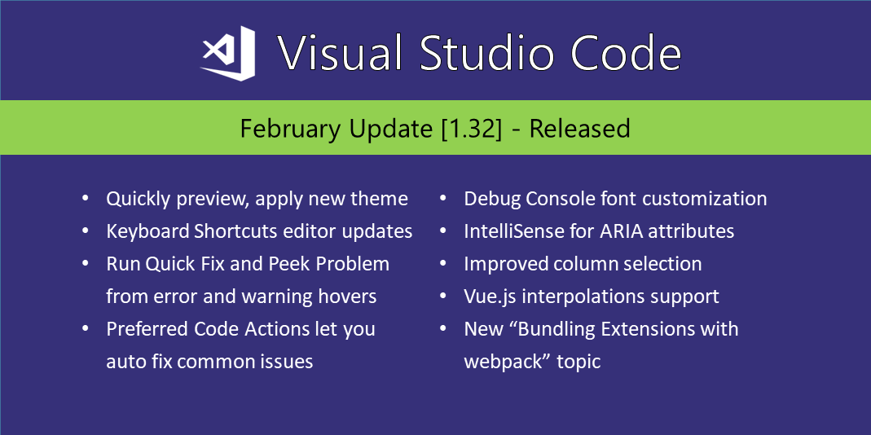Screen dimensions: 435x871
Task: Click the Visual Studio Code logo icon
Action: [228, 53]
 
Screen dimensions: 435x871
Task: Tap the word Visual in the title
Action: [341, 54]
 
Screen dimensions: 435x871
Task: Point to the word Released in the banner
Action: [579, 129]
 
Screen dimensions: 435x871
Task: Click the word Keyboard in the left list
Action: [147, 231]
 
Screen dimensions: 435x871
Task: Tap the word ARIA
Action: [622, 231]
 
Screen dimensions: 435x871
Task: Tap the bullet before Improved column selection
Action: [444, 265]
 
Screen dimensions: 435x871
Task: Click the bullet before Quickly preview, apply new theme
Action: [86, 200]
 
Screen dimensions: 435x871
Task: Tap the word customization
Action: [699, 199]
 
